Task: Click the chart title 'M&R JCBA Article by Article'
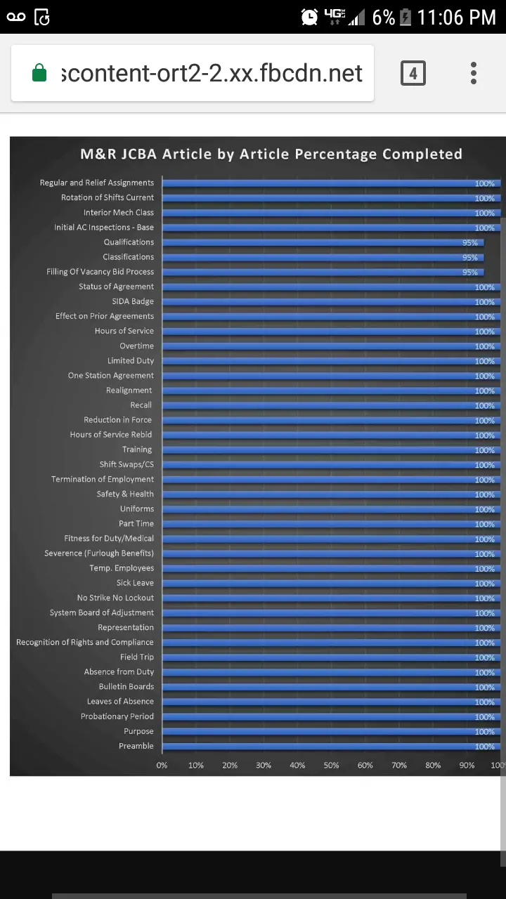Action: point(271,154)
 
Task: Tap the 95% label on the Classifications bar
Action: point(469,258)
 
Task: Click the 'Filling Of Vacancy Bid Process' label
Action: point(100,272)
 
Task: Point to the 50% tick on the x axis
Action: point(331,765)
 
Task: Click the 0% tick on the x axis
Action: point(162,765)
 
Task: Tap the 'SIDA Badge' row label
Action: point(133,301)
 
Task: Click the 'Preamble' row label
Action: point(136,746)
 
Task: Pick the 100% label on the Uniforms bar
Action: point(484,510)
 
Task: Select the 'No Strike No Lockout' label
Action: point(115,598)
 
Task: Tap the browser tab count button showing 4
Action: point(413,73)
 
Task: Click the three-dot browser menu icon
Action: point(474,73)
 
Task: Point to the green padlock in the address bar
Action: point(39,73)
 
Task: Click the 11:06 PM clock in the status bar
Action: point(456,17)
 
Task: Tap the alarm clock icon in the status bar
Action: point(309,17)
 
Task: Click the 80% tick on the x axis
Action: point(433,765)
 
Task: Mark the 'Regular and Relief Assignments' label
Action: point(97,183)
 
